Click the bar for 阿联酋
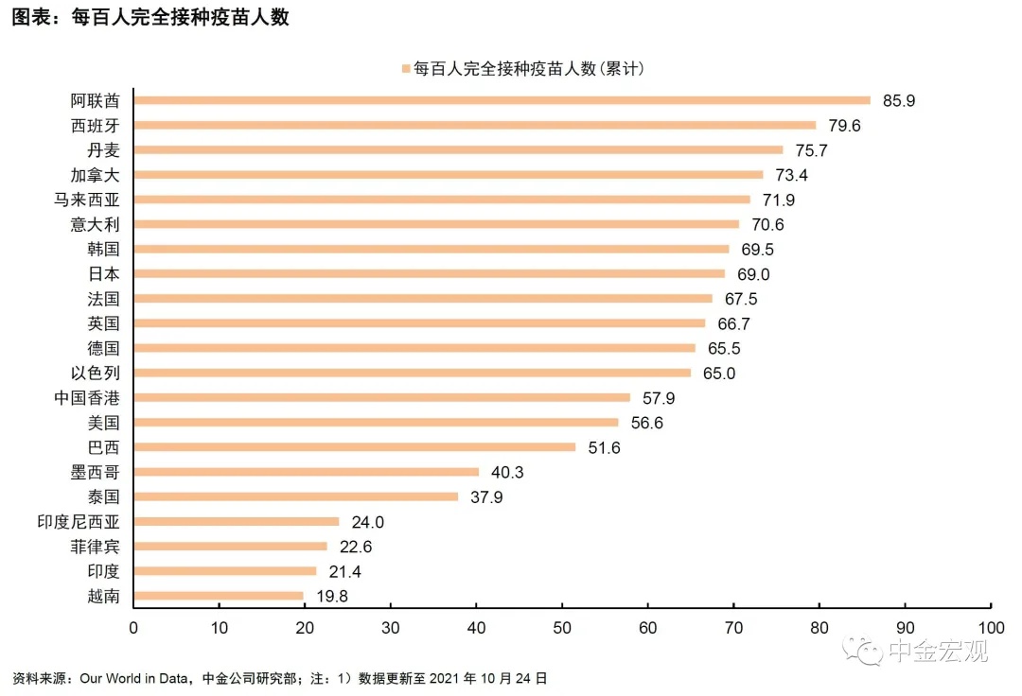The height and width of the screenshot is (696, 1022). pyautogui.click(x=502, y=100)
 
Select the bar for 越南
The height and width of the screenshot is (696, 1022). pyautogui.click(x=219, y=596)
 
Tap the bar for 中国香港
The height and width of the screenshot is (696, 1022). pyautogui.click(x=381, y=397)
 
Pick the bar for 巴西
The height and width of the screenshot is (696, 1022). pyautogui.click(x=354, y=447)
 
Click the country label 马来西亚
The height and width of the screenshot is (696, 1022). pyautogui.click(x=94, y=200)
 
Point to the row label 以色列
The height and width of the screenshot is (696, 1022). pyautogui.click(x=102, y=373)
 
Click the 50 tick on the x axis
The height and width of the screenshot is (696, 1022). pyautogui.click(x=562, y=627)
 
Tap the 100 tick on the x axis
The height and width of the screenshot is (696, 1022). pyautogui.click(x=991, y=627)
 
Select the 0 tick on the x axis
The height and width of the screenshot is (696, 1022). pyautogui.click(x=133, y=627)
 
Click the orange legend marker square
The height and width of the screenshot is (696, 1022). pyautogui.click(x=406, y=69)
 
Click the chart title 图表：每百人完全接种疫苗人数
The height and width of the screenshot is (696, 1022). pyautogui.click(x=150, y=18)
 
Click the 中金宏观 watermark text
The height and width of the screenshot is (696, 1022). pyautogui.click(x=937, y=651)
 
